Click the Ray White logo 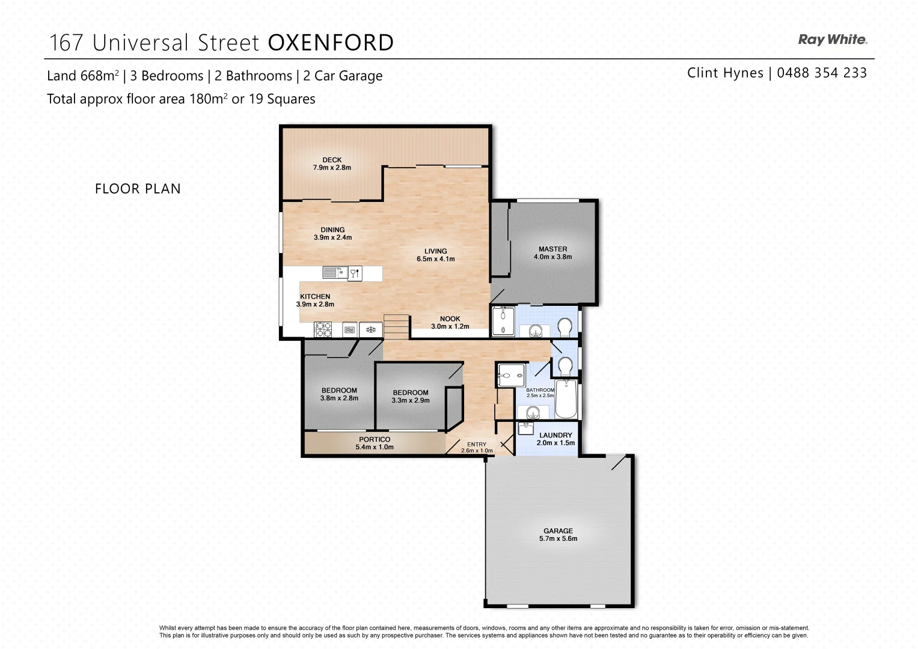[x=832, y=40]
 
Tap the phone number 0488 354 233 [x=822, y=73]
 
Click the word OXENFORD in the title [x=330, y=43]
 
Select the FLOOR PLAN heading [x=138, y=189]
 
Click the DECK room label [x=332, y=160]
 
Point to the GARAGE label [x=558, y=531]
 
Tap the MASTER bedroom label [x=552, y=249]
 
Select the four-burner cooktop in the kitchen [x=323, y=329]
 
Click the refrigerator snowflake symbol [x=371, y=329]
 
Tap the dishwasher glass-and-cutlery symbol [x=355, y=273]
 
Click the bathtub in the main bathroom [x=566, y=398]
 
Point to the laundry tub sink [x=526, y=428]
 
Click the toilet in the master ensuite [x=565, y=327]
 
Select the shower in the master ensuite [x=503, y=321]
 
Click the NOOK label [x=450, y=319]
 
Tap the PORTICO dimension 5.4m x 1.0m [x=375, y=447]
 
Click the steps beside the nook [x=396, y=327]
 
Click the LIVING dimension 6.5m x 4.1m [x=435, y=259]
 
